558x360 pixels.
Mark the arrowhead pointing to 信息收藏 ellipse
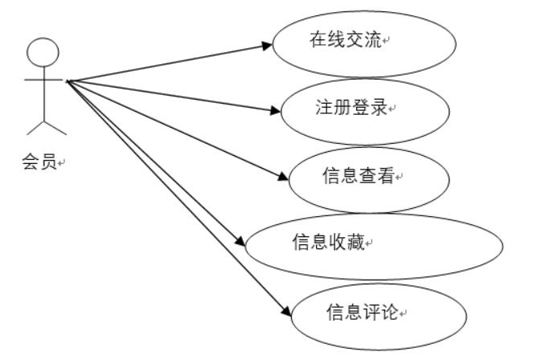pos(239,241)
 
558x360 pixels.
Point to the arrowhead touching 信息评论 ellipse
pos(283,311)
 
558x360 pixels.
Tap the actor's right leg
pos(55,128)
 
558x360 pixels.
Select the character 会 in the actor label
pos(30,162)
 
